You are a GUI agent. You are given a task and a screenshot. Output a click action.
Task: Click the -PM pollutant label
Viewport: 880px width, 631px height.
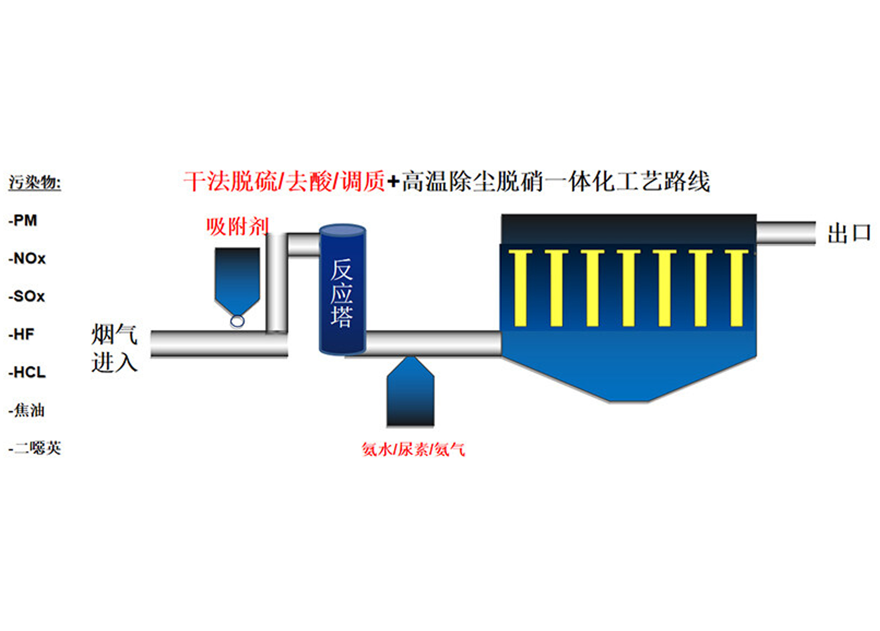click(23, 221)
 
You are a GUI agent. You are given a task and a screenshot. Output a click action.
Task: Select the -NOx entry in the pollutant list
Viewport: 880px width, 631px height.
click(27, 259)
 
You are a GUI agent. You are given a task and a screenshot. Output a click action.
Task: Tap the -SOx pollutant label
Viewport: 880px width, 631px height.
click(27, 297)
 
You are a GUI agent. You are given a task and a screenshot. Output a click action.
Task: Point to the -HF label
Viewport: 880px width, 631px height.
click(22, 334)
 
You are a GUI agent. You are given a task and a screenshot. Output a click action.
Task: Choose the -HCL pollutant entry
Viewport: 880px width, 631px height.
click(27, 373)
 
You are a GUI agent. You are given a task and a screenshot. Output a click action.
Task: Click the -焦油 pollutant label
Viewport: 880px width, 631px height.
click(26, 410)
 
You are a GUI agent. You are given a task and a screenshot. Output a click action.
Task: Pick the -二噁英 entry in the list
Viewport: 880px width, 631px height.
click(35, 448)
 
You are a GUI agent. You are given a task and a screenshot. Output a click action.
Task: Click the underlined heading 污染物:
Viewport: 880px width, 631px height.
click(35, 182)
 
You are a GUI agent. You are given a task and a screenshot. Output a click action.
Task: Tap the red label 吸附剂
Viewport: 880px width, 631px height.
click(237, 227)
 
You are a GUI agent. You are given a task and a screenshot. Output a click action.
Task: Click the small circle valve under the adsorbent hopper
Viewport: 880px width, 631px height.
click(237, 321)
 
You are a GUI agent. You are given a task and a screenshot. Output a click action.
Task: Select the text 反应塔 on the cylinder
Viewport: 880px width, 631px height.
click(342, 293)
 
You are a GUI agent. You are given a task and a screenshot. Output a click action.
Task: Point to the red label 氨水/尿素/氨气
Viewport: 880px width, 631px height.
click(413, 450)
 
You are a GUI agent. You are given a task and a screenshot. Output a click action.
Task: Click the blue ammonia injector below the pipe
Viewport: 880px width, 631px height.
click(410, 395)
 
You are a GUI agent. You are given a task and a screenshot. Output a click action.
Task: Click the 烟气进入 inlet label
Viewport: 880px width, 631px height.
click(114, 349)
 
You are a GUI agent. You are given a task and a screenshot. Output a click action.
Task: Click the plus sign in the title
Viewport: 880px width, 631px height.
click(393, 182)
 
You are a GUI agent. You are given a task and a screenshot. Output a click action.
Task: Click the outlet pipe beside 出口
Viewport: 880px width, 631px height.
click(785, 233)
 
